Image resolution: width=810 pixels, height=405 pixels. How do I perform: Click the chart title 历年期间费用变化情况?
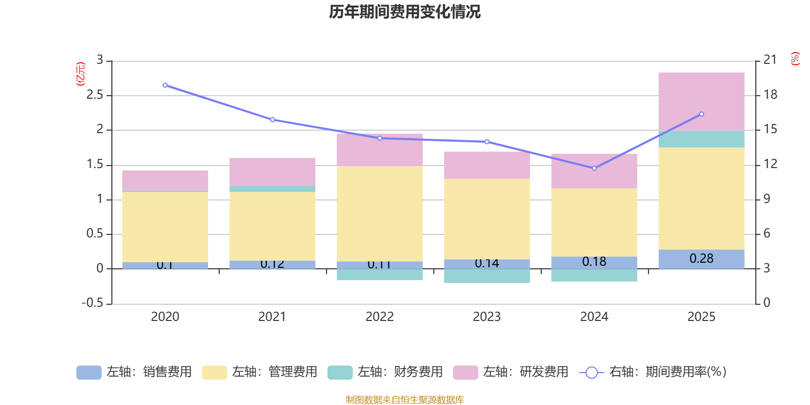point(404,12)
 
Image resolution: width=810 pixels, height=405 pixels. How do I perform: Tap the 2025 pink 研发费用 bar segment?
point(701,101)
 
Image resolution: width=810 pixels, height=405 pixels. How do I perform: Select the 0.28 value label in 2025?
point(701,259)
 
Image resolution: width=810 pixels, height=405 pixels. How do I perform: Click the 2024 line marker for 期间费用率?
point(594,168)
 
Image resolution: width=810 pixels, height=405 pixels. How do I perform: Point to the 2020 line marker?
point(165,85)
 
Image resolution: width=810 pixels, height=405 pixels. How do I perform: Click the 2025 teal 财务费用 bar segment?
point(701,139)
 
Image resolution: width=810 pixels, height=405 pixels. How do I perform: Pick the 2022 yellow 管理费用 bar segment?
point(380,214)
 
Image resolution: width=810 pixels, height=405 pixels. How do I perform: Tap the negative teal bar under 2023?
point(487,276)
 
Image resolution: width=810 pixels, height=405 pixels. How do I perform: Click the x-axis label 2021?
point(272,317)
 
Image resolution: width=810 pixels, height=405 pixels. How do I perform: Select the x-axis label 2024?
point(594,317)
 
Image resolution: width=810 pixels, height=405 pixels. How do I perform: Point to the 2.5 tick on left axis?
point(95,95)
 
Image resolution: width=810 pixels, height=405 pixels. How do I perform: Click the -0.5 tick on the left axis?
point(93,303)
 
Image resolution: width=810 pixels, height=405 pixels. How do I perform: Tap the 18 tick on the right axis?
point(771,95)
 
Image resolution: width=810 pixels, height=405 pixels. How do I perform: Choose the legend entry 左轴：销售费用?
point(135,372)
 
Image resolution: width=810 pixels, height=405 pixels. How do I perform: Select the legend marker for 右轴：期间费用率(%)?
point(591,373)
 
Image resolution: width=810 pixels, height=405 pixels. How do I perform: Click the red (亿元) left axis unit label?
point(80,74)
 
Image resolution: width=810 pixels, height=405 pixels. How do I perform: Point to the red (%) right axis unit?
point(795,59)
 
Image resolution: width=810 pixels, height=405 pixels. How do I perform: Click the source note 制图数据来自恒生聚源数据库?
point(404,400)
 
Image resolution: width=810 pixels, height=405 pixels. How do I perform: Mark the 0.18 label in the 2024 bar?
point(594,262)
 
